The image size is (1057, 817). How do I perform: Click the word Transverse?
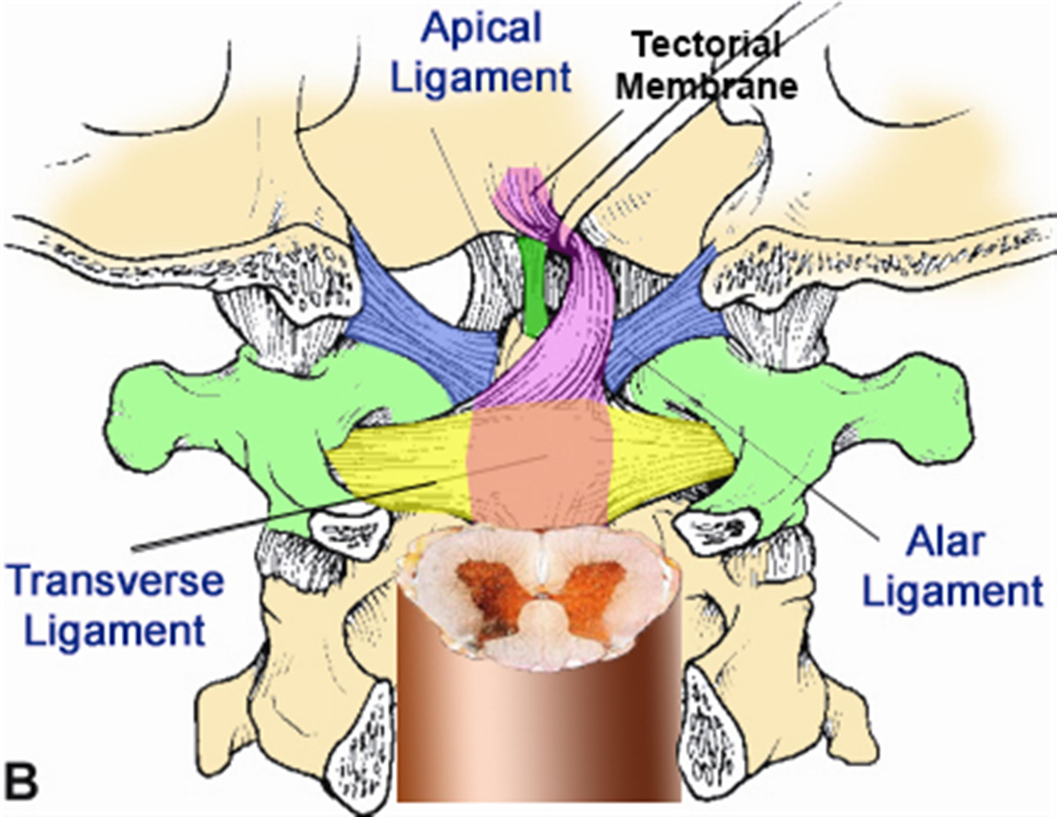116,582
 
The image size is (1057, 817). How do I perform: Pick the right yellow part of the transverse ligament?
673,460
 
